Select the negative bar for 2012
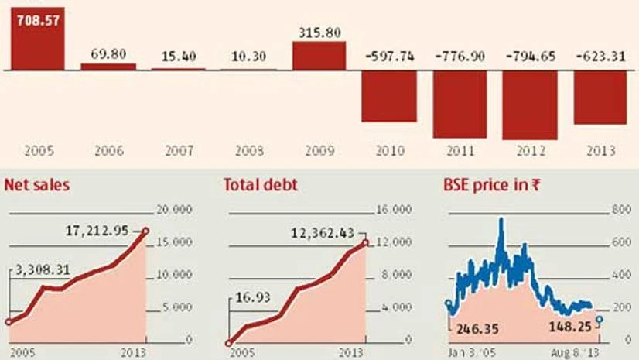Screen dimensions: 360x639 click(x=530, y=105)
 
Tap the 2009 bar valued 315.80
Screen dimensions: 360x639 click(x=319, y=56)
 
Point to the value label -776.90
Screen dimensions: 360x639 click(x=460, y=57)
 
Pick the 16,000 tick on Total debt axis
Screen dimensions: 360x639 click(x=395, y=210)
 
